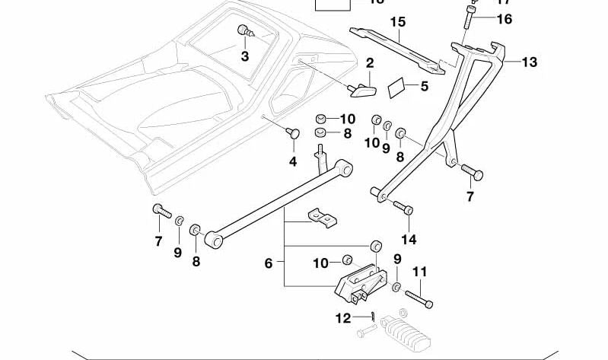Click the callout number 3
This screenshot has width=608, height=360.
(245, 56)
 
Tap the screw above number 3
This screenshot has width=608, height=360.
(246, 30)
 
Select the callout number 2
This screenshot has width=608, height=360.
(369, 62)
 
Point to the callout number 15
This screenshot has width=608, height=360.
(399, 22)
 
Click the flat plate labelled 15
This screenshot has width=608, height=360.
(395, 47)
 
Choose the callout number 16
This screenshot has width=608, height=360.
(505, 19)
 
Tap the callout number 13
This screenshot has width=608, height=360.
(529, 62)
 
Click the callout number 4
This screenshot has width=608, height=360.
(292, 161)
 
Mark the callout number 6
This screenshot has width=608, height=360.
(268, 263)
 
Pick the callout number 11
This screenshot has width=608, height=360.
(419, 271)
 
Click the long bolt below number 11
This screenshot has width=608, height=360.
(419, 298)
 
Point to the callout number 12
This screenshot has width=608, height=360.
(343, 317)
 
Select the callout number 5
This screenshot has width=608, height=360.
(424, 87)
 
